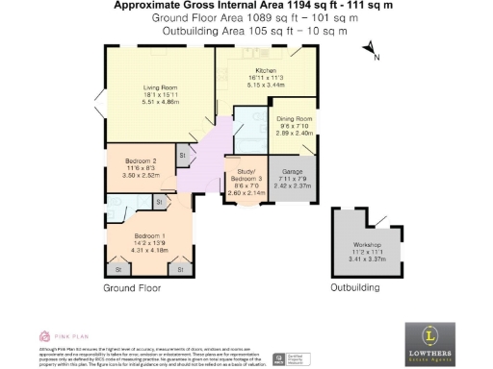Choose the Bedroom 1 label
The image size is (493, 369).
[x=148, y=235]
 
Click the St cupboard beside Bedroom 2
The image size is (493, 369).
[x=181, y=155]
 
